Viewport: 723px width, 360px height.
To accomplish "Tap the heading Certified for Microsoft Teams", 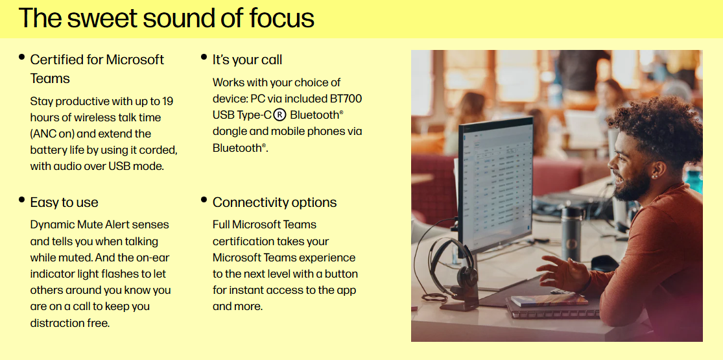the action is (x=97, y=69).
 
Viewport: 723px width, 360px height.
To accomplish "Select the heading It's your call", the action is (x=247, y=60).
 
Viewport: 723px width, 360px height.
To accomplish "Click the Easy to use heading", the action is (x=64, y=202).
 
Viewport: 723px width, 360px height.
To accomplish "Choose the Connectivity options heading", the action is (x=274, y=202).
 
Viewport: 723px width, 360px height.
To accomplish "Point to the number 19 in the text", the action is (x=167, y=101).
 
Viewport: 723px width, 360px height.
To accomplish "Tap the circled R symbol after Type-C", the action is (x=279, y=115).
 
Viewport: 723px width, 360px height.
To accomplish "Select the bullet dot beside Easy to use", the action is (x=21, y=200).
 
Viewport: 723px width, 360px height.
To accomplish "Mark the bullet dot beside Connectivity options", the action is (x=204, y=200).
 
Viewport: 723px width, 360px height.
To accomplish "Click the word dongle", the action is (x=229, y=132).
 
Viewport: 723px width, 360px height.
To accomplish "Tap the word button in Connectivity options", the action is (x=341, y=274).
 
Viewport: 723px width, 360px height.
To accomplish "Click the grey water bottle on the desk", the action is (x=571, y=234).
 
